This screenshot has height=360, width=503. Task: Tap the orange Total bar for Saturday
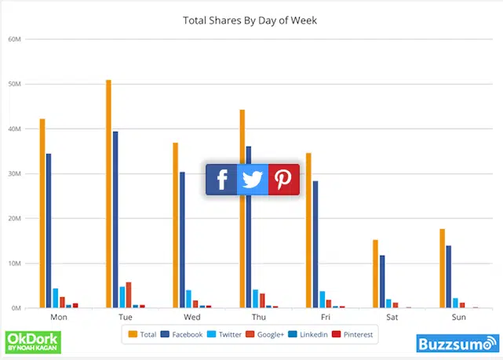[x=376, y=274]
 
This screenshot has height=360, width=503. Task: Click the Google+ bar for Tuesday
[x=129, y=295]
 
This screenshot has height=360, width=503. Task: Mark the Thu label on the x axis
[x=259, y=318]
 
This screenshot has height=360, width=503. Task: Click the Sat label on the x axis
[x=392, y=318]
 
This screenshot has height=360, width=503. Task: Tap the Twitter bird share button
[x=252, y=180]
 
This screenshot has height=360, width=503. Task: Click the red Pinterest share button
[x=283, y=180]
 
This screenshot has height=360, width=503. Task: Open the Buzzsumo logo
[x=457, y=343]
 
